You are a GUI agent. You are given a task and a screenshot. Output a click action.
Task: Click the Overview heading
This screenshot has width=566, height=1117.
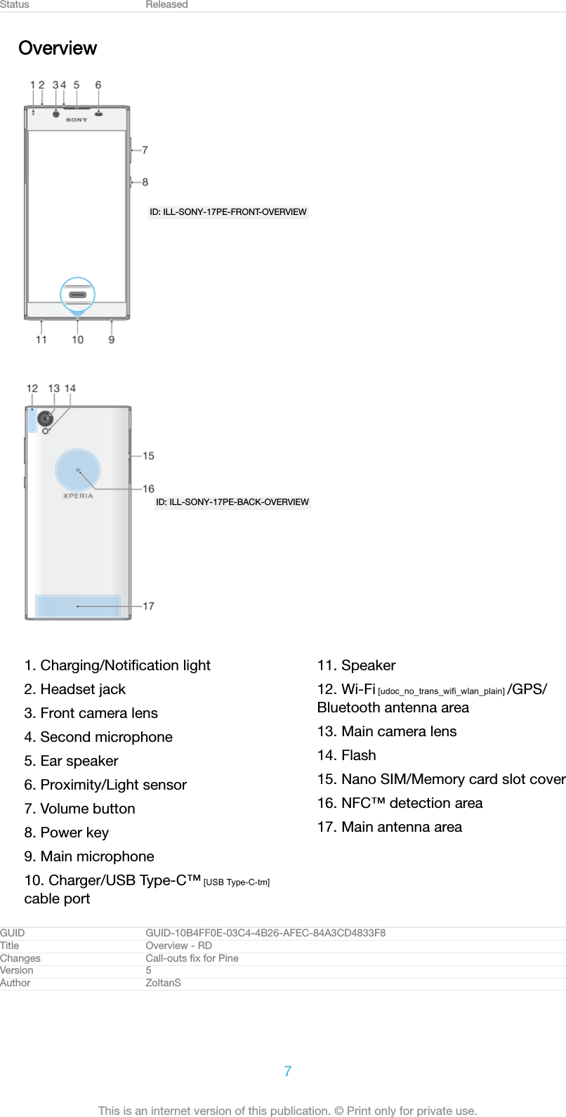tap(58, 48)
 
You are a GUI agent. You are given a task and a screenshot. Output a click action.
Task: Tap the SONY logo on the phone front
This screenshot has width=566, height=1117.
tap(77, 120)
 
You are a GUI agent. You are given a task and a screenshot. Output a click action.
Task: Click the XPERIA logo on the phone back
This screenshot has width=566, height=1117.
tap(78, 496)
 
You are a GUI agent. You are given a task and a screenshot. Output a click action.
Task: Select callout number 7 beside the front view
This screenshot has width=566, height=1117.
tap(145, 150)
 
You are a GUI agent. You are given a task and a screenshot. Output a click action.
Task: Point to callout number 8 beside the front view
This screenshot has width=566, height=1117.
tap(145, 182)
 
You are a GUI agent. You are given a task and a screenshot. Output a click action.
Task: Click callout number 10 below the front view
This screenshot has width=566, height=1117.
tap(77, 340)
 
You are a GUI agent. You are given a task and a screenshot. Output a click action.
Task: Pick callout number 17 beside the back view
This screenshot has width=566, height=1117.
tap(148, 606)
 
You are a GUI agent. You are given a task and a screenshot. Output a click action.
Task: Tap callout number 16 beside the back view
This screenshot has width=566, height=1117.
tap(148, 489)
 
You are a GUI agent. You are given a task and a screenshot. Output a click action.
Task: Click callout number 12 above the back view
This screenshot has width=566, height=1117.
tap(32, 388)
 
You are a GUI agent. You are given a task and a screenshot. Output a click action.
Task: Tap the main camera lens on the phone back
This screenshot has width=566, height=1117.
tap(46, 419)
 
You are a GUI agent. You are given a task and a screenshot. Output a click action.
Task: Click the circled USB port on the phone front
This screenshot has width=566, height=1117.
tap(77, 295)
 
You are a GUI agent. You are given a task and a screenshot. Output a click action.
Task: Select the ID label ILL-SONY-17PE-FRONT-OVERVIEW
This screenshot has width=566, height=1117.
tap(228, 212)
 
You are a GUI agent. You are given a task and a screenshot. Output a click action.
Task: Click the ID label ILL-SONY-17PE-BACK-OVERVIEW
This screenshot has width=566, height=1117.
tap(232, 502)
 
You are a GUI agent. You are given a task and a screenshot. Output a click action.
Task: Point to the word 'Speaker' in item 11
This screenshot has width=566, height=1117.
tap(368, 665)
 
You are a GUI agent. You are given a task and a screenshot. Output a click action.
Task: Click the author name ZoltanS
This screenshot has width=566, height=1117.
tap(163, 983)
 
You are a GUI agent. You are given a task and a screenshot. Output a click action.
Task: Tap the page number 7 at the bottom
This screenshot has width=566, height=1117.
tap(288, 1071)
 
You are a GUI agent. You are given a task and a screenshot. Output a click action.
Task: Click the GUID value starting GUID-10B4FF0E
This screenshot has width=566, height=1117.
tap(265, 933)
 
